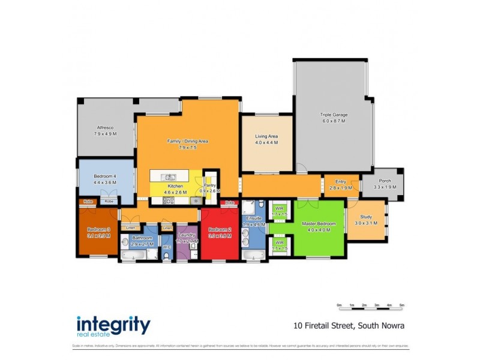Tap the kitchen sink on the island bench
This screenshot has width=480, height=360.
click(x=170, y=176)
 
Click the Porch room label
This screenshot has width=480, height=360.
click(x=382, y=181)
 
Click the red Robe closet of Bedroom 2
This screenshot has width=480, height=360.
click(x=230, y=203)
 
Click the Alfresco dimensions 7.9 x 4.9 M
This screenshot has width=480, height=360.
click(x=106, y=134)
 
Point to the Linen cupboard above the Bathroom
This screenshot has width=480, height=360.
click(x=130, y=228)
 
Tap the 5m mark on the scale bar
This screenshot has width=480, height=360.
click(x=401, y=306)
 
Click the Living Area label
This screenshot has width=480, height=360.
click(x=266, y=136)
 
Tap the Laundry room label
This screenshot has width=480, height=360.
click(x=187, y=235)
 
